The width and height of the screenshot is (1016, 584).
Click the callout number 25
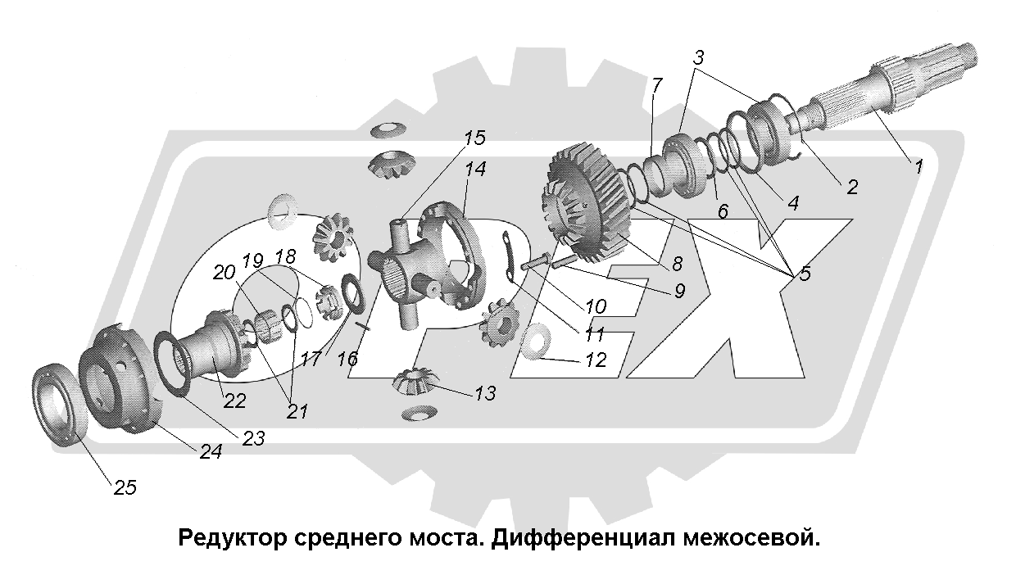(125, 487)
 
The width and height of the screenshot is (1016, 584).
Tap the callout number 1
(918, 167)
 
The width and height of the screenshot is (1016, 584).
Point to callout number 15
(473, 138)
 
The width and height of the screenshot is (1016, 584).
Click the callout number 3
(698, 58)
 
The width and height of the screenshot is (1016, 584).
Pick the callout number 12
(595, 359)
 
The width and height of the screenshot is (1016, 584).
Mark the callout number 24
(211, 450)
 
